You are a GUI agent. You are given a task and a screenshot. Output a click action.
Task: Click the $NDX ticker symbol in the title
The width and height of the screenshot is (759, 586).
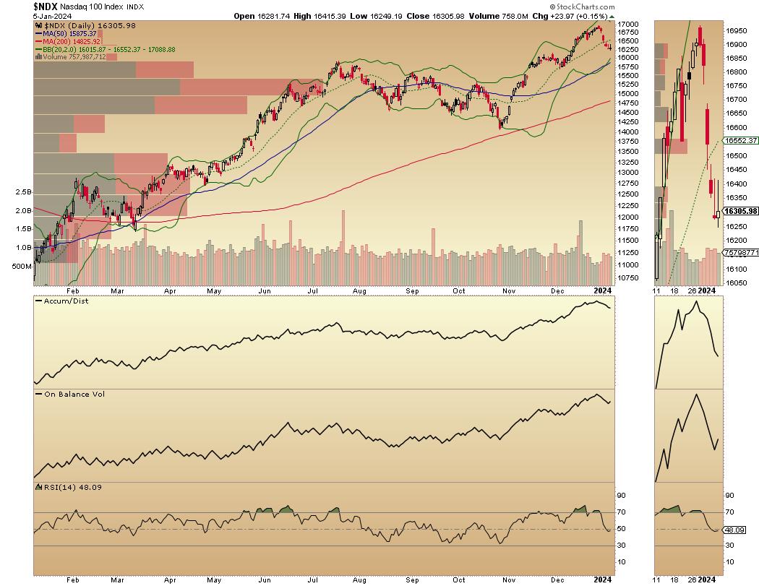click(48, 6)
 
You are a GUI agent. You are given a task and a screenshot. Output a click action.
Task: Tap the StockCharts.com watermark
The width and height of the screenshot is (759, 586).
click(724, 6)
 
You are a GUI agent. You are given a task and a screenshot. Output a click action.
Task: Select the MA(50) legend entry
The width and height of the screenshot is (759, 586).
click(68, 33)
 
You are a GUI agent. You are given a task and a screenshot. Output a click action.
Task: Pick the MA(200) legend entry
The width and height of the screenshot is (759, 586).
click(70, 41)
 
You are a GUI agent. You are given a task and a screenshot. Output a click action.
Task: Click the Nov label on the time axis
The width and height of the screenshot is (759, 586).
click(507, 289)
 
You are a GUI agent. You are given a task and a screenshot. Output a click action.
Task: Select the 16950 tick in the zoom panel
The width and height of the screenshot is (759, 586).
click(737, 31)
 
